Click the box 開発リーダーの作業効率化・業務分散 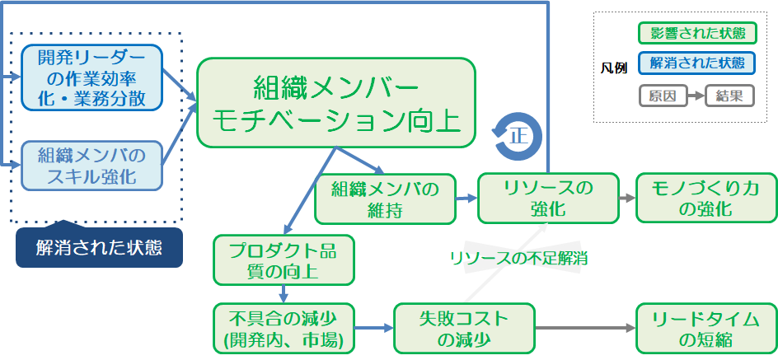point(91,77)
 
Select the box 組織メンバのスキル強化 point(91,166)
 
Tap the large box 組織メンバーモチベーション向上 point(336,103)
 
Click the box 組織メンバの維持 point(384,199)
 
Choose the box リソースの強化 point(547,199)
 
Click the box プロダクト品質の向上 point(284,259)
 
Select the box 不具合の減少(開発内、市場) point(284,328)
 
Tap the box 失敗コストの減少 point(464,328)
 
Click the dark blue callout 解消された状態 point(99,247)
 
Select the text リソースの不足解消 point(518,258)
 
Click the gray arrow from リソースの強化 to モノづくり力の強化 point(626,199)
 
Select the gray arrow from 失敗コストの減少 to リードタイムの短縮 point(585,328)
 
